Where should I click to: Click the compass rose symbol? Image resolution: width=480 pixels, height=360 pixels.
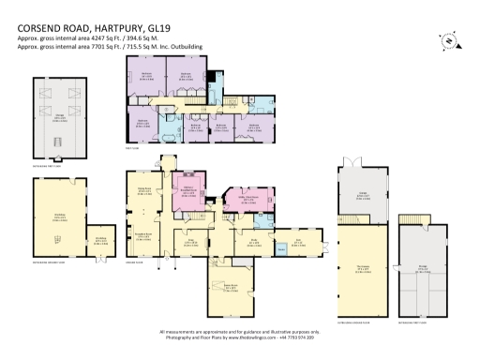[x=447, y=39]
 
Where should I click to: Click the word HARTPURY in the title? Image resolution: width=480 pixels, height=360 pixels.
[x=122, y=27]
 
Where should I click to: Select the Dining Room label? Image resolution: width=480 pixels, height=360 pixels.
[x=145, y=192]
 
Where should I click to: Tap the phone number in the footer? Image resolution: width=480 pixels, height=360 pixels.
[x=296, y=337]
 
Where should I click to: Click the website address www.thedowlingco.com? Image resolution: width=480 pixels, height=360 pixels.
[x=250, y=337]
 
